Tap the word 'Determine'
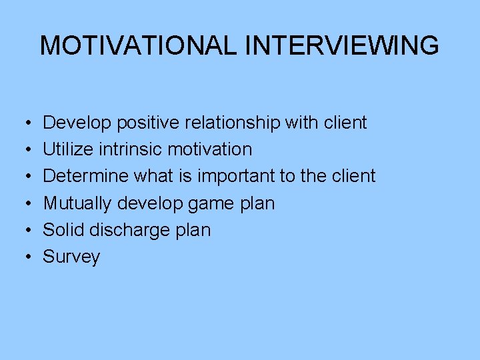pyautogui.click(x=86, y=177)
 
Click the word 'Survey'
pyautogui.click(x=71, y=257)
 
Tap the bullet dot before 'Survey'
pyautogui.click(x=23, y=257)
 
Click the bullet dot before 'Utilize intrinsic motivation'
pyautogui.click(x=23, y=150)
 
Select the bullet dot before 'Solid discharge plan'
pyautogui.click(x=23, y=231)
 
